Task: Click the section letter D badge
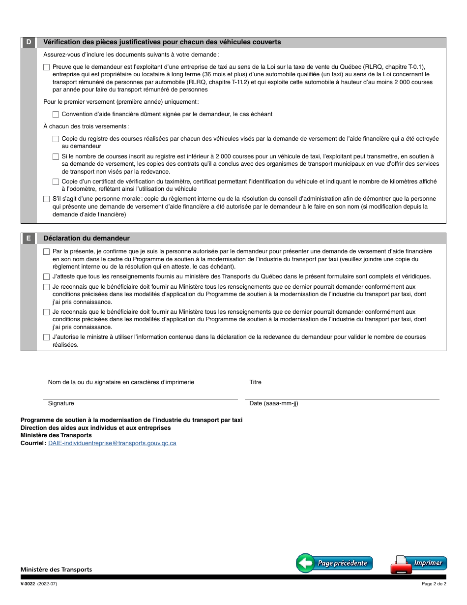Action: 29,42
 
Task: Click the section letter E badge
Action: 29,239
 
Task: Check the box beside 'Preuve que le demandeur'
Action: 47,67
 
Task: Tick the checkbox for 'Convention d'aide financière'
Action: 56,114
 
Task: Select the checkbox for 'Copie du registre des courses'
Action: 56,139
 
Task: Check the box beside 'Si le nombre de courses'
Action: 56,156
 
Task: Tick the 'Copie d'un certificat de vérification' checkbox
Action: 56,182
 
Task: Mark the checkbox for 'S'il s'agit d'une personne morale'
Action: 47,199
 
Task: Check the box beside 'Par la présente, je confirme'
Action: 47,252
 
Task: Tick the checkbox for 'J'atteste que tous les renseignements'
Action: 47,277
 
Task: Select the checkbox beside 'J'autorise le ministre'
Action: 47,337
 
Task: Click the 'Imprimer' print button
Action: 419,564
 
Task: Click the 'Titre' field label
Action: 256,382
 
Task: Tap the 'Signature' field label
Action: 61,403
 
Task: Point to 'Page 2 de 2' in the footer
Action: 434,584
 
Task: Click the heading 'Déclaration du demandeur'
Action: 87,239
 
